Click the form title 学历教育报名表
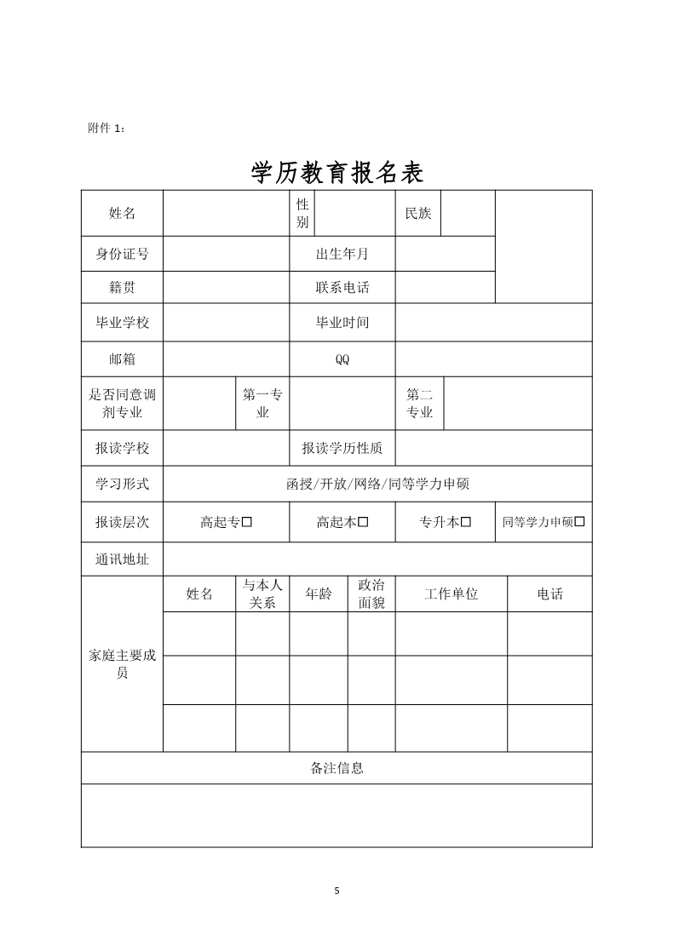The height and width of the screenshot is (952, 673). coord(337,173)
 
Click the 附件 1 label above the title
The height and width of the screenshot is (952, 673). coord(106,128)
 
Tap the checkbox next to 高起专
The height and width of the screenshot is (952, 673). coord(247,522)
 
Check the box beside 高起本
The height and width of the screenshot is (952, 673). coord(363,522)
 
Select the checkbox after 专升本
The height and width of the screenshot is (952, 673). coord(466,522)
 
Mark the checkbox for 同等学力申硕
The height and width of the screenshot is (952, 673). coord(580,522)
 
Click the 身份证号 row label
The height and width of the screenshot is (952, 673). coord(122,254)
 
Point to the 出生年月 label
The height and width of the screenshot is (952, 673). coord(342,254)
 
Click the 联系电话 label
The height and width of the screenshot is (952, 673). coord(342,288)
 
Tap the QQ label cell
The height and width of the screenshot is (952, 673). coord(342,359)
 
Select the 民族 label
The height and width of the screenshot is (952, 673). coord(417,213)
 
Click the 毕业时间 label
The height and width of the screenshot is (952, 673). coord(342,323)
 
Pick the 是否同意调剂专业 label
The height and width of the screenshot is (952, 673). coord(122,404)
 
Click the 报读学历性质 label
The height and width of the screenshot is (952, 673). coord(342,449)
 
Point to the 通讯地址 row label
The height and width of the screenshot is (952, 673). coord(122,559)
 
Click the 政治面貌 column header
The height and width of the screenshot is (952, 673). coord(371,594)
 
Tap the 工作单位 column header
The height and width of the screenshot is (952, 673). coord(451,594)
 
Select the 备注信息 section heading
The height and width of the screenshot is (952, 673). coord(336,768)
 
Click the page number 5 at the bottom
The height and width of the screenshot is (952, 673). coord(336,891)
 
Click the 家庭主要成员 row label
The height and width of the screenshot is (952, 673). coord(122,664)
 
